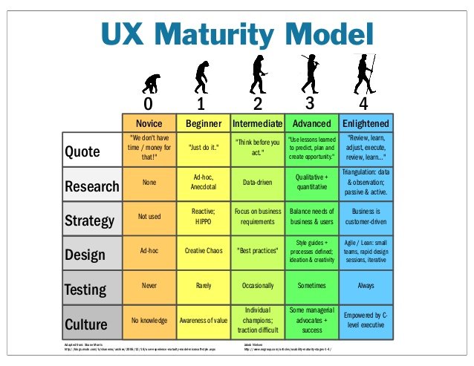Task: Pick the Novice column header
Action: [149, 122]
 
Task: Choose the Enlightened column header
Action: [366, 122]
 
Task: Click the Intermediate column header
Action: [258, 122]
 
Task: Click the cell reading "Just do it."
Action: [204, 147]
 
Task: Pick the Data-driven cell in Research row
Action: [258, 181]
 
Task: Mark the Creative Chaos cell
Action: [204, 251]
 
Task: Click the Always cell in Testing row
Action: [366, 285]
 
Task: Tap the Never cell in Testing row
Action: [149, 285]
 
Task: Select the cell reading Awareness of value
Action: [204, 321]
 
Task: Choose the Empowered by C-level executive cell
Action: [366, 321]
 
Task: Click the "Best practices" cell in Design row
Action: [258, 251]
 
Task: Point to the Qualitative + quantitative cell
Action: [311, 183]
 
